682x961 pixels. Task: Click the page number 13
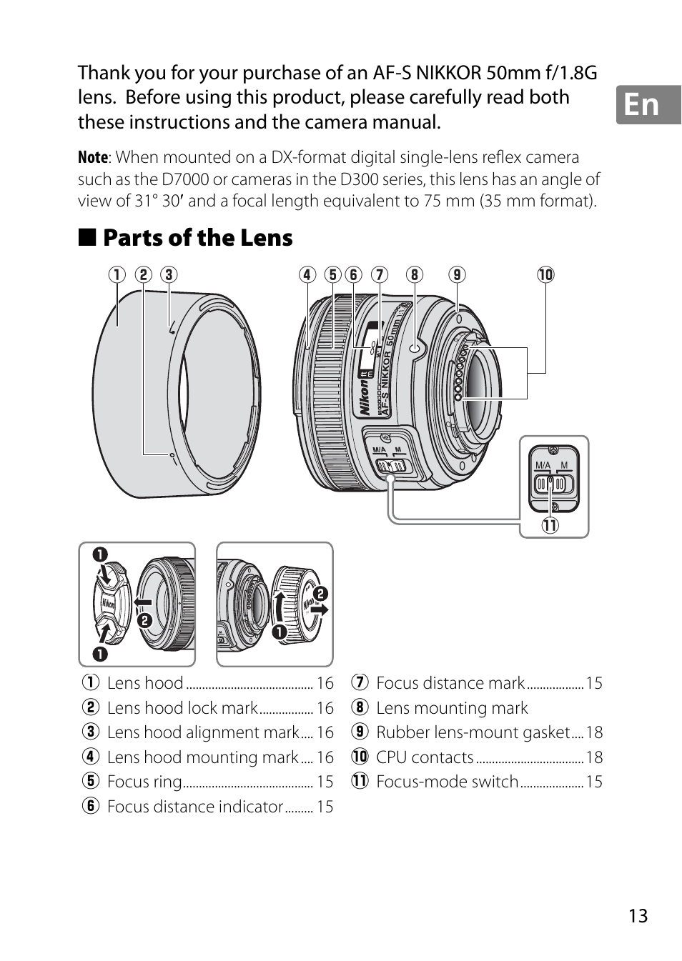pyautogui.click(x=638, y=916)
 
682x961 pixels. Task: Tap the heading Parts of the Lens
pyautogui.click(x=197, y=238)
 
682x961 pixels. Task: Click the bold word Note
pyautogui.click(x=93, y=157)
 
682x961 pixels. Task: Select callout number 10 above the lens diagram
pyautogui.click(x=545, y=275)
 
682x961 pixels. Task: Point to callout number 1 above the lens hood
pyautogui.click(x=117, y=275)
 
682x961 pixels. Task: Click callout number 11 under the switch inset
pyautogui.click(x=549, y=525)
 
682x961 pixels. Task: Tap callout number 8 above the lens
pyautogui.click(x=415, y=275)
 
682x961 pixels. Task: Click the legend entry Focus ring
pyautogui.click(x=144, y=782)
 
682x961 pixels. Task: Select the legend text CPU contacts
pyautogui.click(x=425, y=757)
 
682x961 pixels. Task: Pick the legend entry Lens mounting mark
pyautogui.click(x=452, y=708)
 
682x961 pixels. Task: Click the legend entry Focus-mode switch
pyautogui.click(x=447, y=782)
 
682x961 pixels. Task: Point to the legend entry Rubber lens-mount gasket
pyautogui.click(x=473, y=732)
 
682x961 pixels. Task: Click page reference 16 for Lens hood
pyautogui.click(x=325, y=684)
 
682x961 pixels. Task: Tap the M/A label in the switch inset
pyautogui.click(x=543, y=465)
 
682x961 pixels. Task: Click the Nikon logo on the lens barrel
pyautogui.click(x=365, y=397)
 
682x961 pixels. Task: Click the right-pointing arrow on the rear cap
pyautogui.click(x=320, y=609)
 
